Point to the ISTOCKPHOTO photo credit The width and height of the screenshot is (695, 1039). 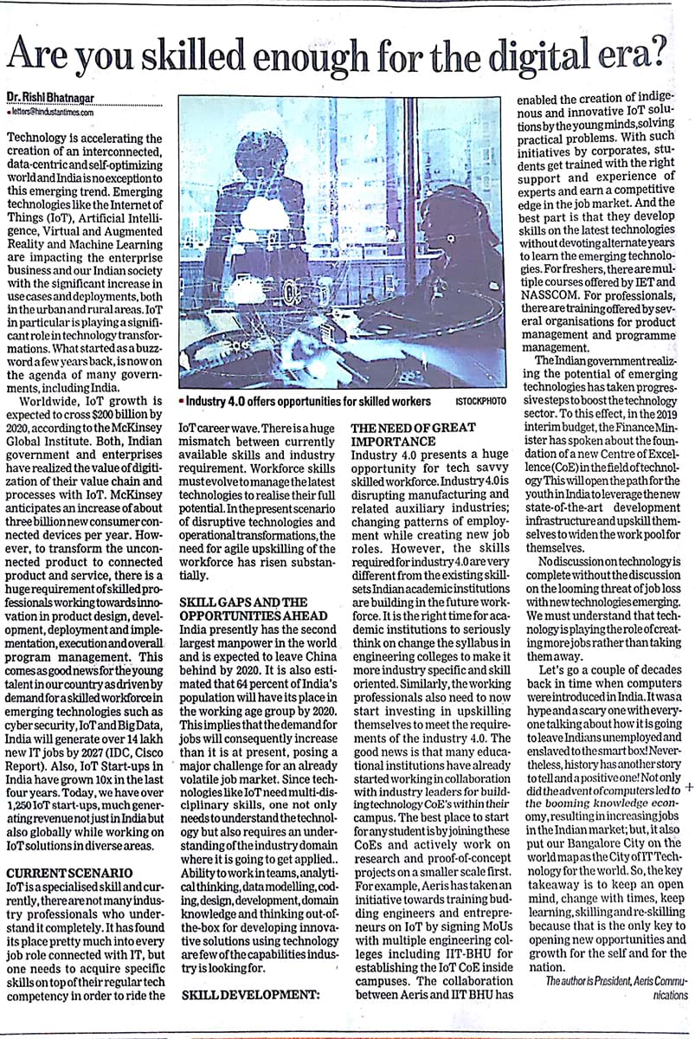coord(480,402)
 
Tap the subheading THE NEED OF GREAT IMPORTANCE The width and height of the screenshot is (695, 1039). coord(414,432)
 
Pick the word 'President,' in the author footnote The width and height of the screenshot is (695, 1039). coord(621,981)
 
